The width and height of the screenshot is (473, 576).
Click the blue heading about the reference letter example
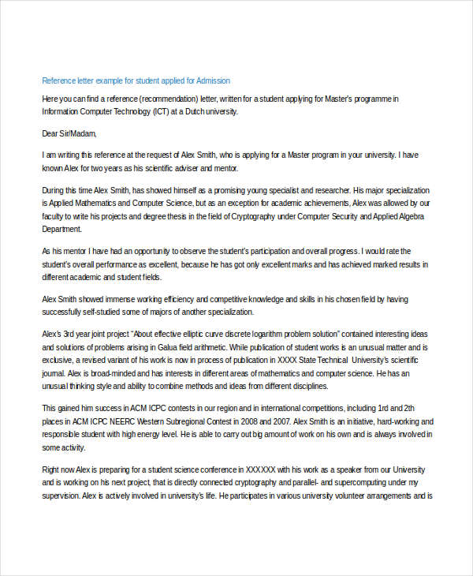(136, 81)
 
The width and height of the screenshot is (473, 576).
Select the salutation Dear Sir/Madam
(69, 134)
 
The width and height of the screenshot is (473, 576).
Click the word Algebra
(408, 215)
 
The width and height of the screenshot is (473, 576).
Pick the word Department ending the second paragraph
(61, 229)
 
